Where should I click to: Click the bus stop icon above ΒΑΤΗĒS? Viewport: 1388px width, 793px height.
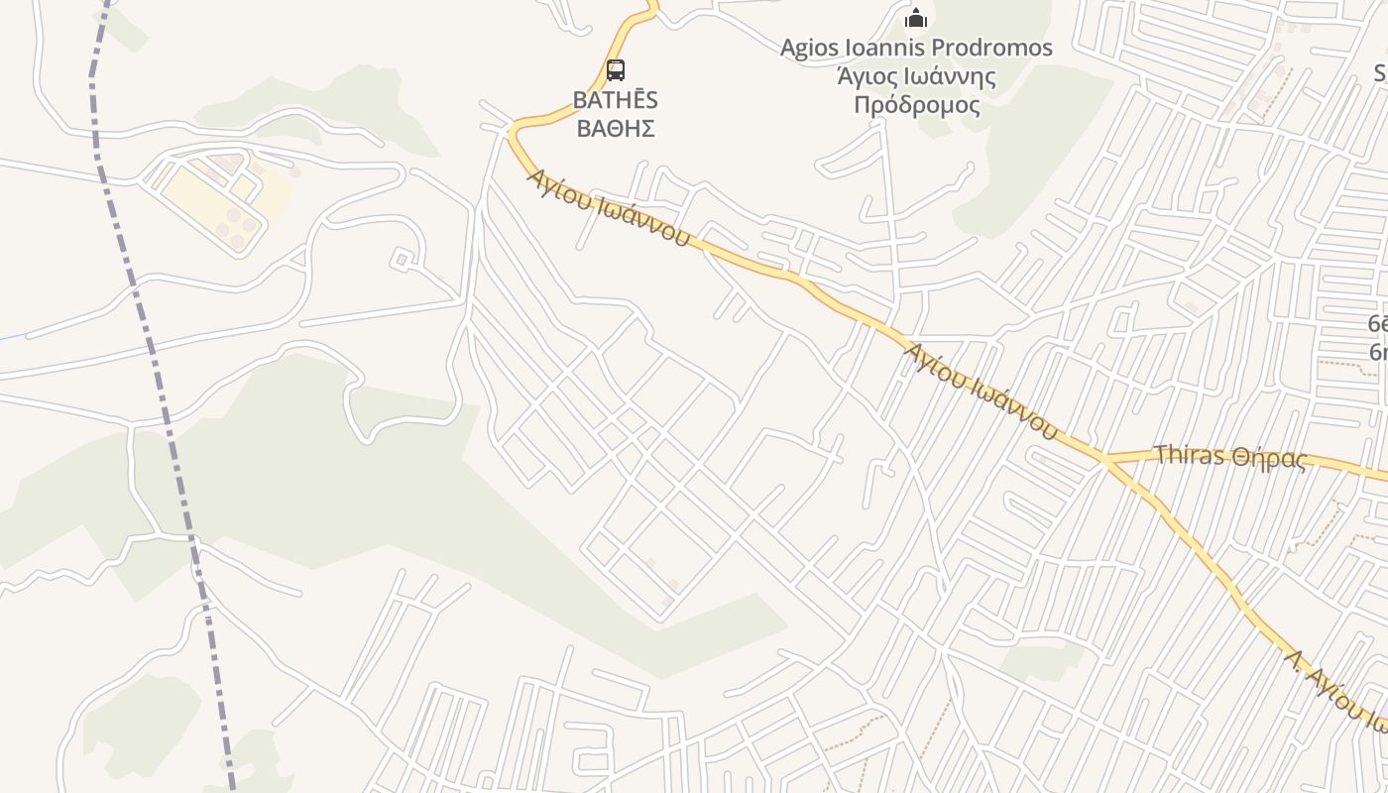click(x=616, y=70)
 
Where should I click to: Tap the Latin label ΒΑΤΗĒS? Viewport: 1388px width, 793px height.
click(x=616, y=100)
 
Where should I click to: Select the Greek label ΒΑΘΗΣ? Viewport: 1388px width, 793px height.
click(x=616, y=128)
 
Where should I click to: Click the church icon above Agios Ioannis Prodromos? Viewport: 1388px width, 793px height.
click(x=916, y=19)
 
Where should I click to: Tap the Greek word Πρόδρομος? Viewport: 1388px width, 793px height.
click(x=916, y=105)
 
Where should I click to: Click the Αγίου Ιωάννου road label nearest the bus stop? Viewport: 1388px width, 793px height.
click(x=608, y=208)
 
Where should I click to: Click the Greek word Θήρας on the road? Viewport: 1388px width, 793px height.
click(x=1270, y=458)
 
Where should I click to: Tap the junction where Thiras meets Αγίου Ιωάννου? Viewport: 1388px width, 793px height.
click(x=1103, y=460)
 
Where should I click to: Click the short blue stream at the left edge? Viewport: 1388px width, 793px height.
click(x=12, y=339)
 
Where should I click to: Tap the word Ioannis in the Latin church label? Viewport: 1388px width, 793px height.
click(x=888, y=48)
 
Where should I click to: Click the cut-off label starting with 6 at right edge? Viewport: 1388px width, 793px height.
click(x=1377, y=337)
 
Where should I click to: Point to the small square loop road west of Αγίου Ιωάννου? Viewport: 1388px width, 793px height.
click(x=402, y=260)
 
